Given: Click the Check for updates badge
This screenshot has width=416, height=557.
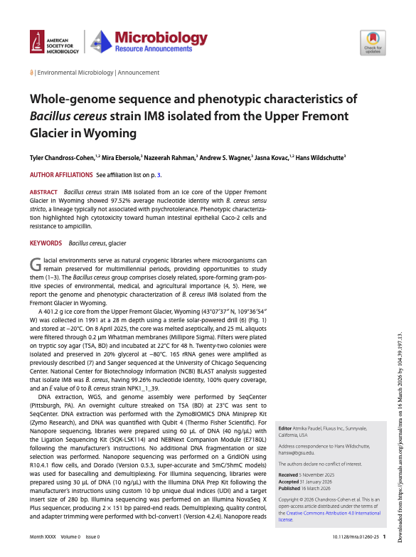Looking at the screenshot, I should coord(373,43).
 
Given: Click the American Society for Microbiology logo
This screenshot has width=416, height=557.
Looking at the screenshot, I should coord(54,43).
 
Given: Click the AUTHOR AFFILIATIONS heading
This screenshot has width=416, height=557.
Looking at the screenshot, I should coord(61,174).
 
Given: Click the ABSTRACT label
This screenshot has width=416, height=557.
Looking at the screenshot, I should coord(43,193).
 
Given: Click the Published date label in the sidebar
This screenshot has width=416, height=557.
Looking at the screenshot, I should coord(290,469).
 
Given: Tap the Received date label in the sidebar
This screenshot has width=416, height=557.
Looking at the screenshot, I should coord(289,455).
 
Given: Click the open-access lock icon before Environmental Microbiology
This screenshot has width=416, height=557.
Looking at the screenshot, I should coord(31,73).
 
